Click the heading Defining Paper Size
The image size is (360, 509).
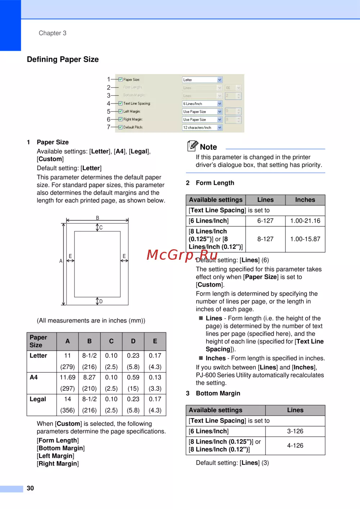(x=63, y=59)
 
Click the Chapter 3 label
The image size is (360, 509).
(x=53, y=33)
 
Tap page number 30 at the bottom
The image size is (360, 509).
(x=30, y=488)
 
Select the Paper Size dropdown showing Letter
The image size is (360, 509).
(x=202, y=80)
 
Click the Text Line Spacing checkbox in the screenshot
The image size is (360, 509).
(x=121, y=103)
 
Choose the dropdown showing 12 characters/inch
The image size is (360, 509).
(x=202, y=127)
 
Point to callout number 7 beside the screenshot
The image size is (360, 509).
(x=108, y=127)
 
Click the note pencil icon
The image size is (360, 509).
(x=193, y=146)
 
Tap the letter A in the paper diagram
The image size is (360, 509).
(x=61, y=261)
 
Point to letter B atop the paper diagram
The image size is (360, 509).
(x=98, y=218)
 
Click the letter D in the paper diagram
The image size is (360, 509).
(x=101, y=301)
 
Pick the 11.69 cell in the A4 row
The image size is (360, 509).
(x=67, y=377)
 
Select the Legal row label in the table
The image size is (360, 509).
(x=38, y=399)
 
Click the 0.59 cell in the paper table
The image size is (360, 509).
(x=133, y=377)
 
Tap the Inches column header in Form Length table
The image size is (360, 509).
(x=305, y=200)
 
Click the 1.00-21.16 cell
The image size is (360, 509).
(x=305, y=221)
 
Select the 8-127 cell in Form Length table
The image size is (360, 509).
(x=265, y=239)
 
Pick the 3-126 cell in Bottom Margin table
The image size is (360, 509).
(x=295, y=431)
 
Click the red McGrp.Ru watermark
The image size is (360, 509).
(x=182, y=255)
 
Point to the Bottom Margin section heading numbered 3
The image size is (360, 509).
(x=218, y=393)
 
